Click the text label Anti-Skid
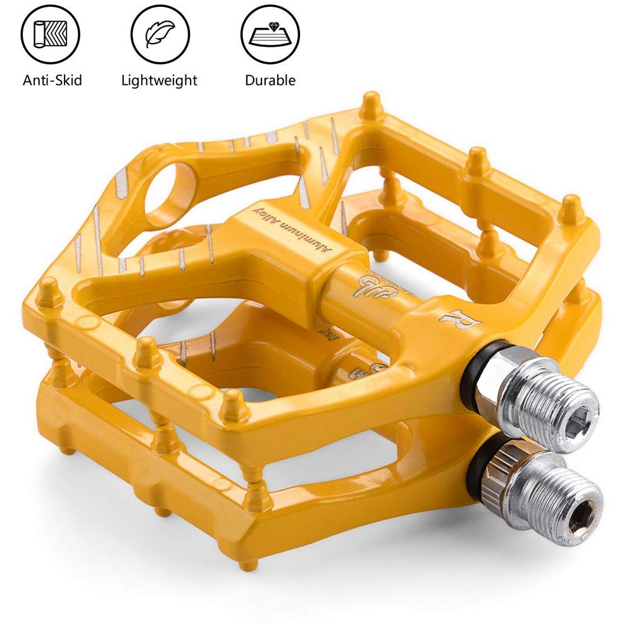pos(52,80)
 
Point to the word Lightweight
pos(159,80)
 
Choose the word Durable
pos(270,80)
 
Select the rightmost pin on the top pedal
pos(571,209)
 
